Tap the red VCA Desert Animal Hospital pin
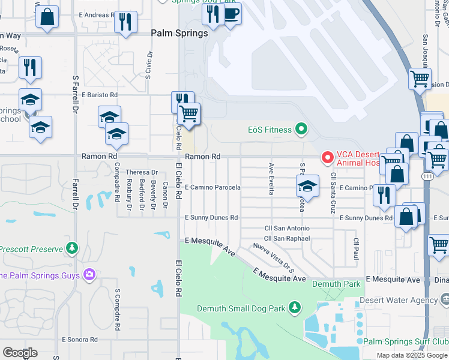[x=328, y=158]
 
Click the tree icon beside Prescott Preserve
[x=72, y=248]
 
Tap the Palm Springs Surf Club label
[x=405, y=341]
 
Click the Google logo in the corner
[x=20, y=353]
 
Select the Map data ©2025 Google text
[x=412, y=355]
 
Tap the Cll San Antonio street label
[x=287, y=229]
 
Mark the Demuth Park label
[x=336, y=283]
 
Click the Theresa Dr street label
[x=141, y=172]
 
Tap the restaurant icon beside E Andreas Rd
[x=125, y=22]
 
